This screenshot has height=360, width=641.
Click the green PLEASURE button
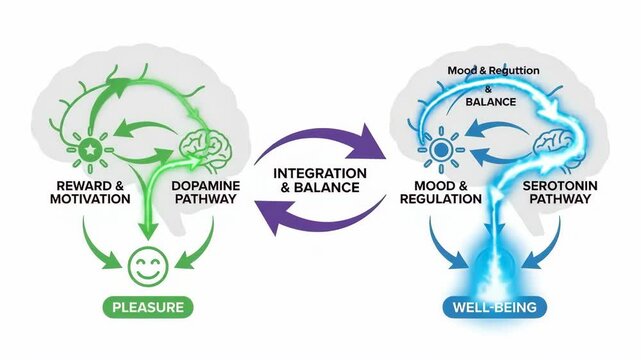147,306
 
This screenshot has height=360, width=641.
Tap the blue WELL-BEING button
484,306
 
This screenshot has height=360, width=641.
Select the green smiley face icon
147,267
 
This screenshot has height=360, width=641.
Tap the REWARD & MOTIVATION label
91,191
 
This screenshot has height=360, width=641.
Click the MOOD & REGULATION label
441,191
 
